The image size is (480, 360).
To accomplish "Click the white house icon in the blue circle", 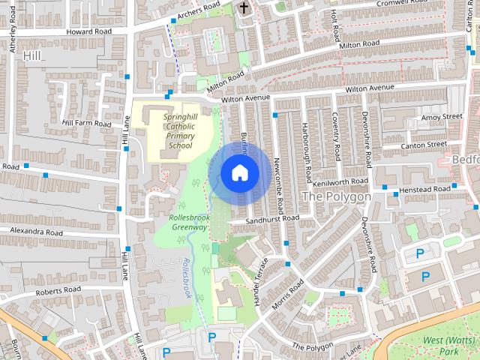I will coord(239,172).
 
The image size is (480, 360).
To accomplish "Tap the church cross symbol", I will coord(243,8).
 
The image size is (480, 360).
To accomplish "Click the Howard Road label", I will coord(88,31).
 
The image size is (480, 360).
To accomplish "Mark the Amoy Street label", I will coord(442,117).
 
